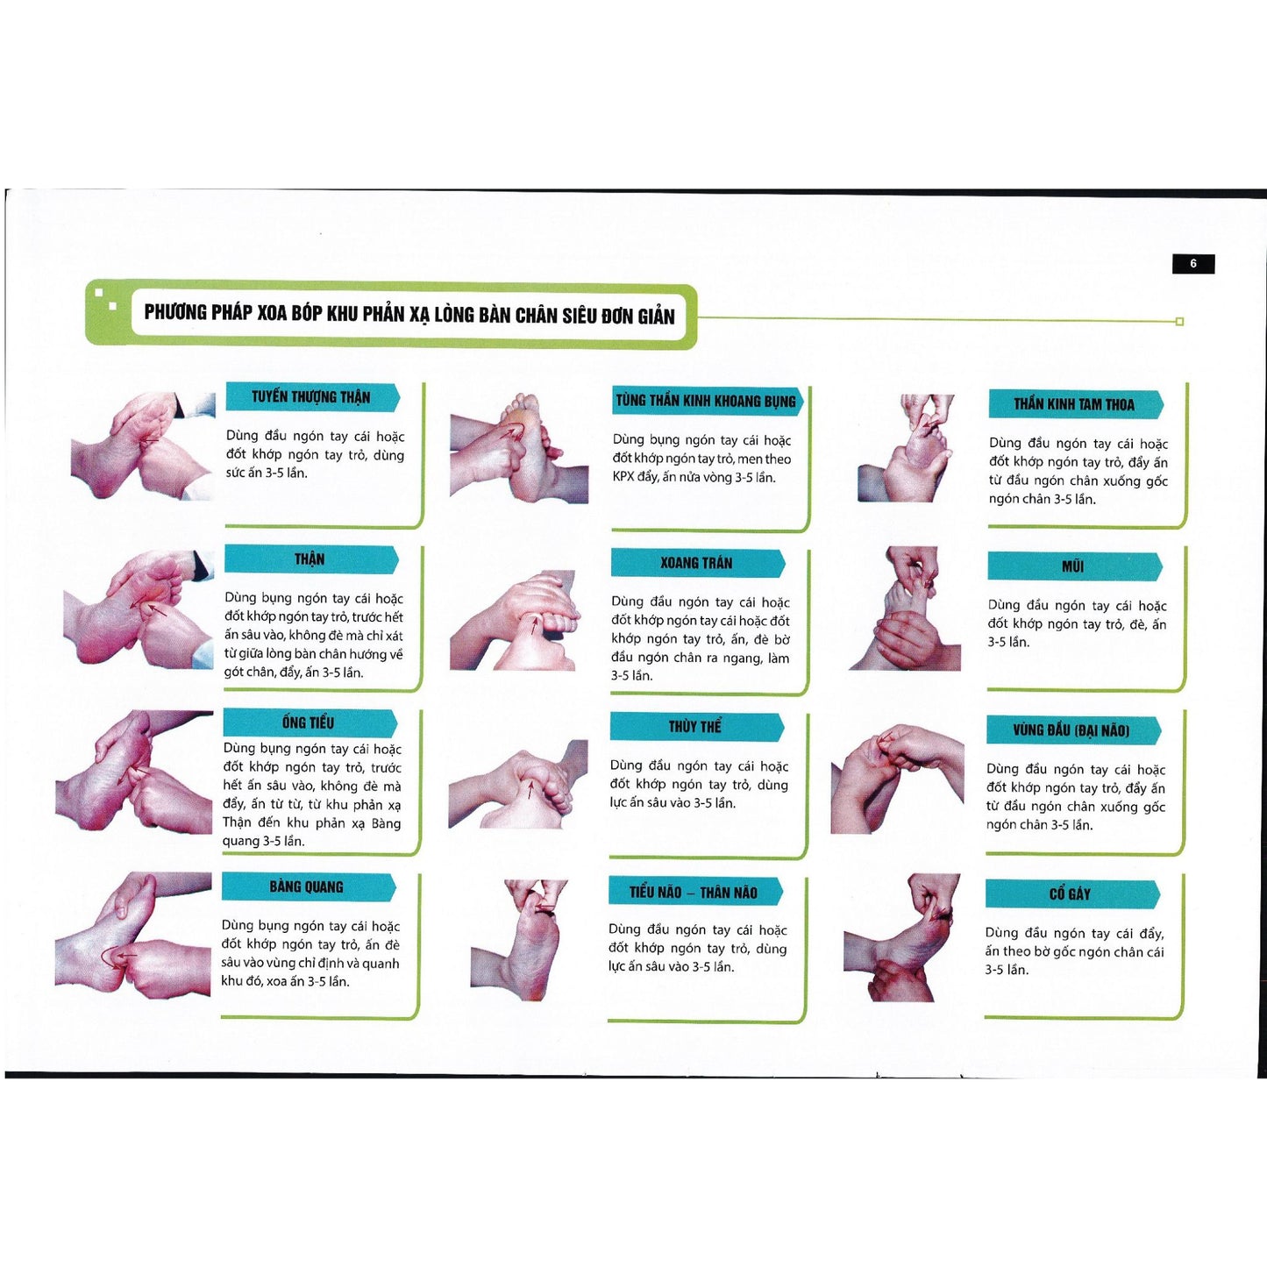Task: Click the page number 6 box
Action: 1192,264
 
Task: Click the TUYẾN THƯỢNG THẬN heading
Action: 311,397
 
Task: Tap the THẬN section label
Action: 310,559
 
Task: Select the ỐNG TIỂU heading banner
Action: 309,722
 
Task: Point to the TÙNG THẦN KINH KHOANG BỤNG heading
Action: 706,401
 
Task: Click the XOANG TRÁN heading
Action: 697,563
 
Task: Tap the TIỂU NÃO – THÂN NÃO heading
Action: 694,893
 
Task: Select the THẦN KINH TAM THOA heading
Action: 1074,403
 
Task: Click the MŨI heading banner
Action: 1073,566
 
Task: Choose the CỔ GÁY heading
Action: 1071,894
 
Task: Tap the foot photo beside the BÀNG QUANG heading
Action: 133,935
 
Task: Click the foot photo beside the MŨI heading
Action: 906,609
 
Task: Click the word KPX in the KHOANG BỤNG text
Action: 624,477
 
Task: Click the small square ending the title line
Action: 1179,322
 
